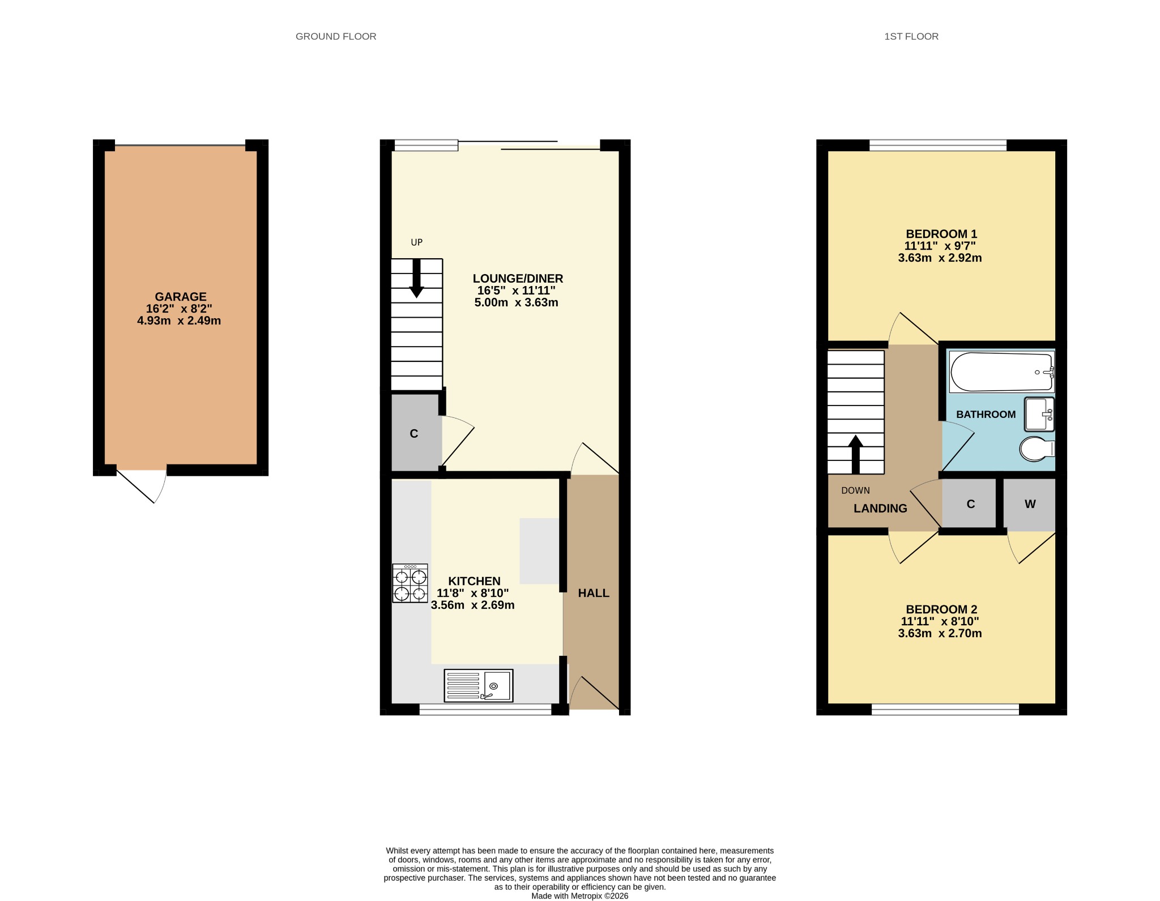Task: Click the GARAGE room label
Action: point(181,297)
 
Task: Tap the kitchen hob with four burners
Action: point(410,583)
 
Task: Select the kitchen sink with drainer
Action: point(479,685)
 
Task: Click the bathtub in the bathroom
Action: point(1001,372)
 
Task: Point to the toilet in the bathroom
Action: point(1037,449)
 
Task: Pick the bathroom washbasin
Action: point(1039,414)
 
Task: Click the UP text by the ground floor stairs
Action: point(417,242)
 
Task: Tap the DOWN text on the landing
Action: point(855,490)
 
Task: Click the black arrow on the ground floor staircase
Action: point(417,279)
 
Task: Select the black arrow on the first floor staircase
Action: point(855,454)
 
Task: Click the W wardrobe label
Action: point(1030,504)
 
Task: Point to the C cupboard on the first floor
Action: point(971,504)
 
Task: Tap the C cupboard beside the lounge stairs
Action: point(414,434)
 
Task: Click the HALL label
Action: point(594,593)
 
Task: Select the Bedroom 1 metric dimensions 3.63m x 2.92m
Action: point(940,258)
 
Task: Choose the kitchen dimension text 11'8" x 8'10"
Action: point(473,593)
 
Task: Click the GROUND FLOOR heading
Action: point(336,36)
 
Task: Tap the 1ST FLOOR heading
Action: point(911,36)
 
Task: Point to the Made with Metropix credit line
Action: point(579,896)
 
